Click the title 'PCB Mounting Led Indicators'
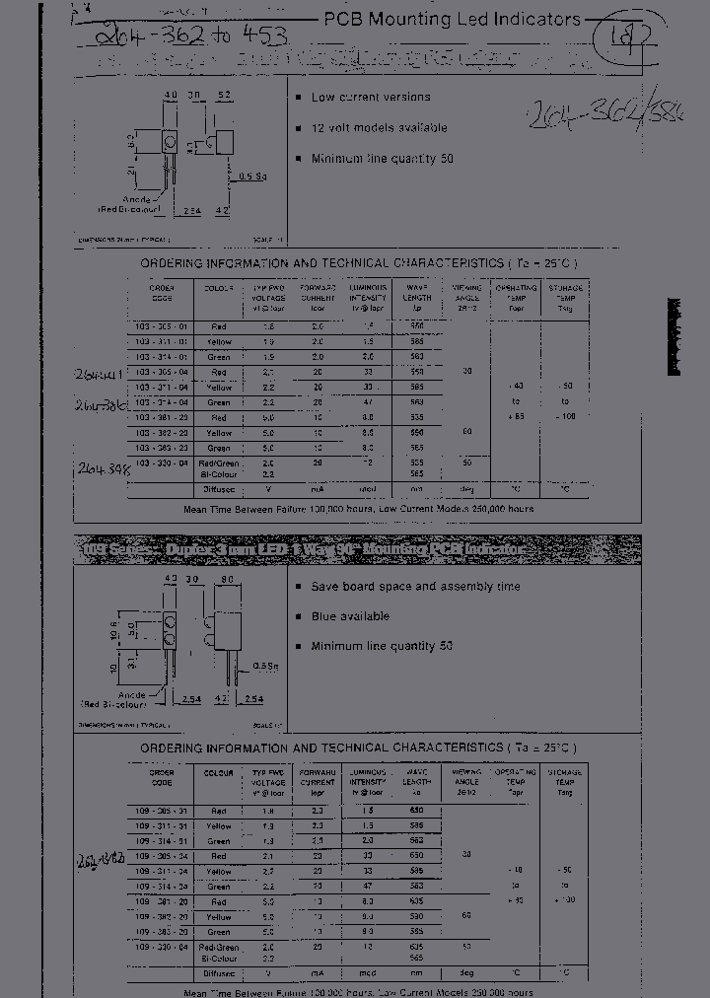click(x=453, y=19)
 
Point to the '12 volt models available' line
click(x=379, y=128)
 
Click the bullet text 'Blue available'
click(x=350, y=616)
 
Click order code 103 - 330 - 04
click(x=161, y=463)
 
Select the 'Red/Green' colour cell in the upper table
click(x=219, y=463)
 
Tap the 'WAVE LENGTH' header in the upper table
click(x=417, y=294)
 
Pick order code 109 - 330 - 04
click(x=161, y=947)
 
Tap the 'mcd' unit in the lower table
click(x=367, y=971)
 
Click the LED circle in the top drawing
click(x=169, y=145)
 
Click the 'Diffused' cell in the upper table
click(x=219, y=488)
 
